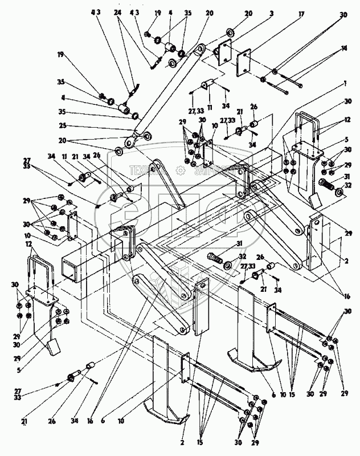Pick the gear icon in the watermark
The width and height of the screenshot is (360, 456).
(x=181, y=169)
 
